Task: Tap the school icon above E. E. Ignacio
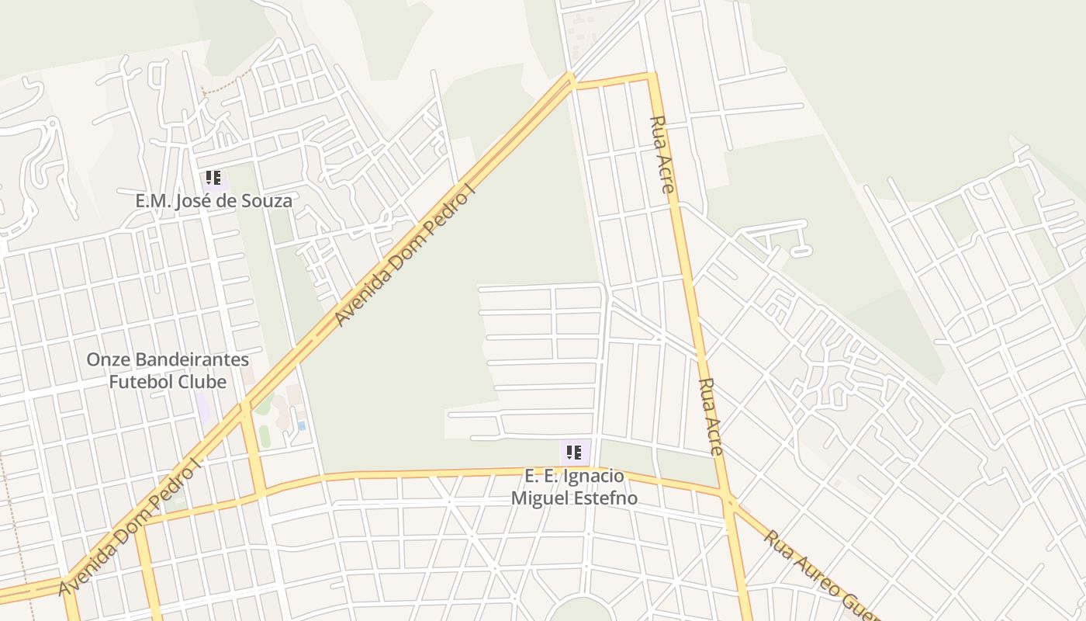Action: pyautogui.click(x=574, y=453)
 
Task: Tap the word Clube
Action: pyautogui.click(x=204, y=382)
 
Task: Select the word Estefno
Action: pyautogui.click(x=605, y=498)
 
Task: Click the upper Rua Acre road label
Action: pyautogui.click(x=662, y=154)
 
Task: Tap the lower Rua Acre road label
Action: pyautogui.click(x=711, y=416)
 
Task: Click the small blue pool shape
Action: pyautogui.click(x=301, y=425)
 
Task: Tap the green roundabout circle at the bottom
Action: pyautogui.click(x=579, y=611)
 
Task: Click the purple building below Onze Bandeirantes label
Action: pyautogui.click(x=203, y=408)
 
